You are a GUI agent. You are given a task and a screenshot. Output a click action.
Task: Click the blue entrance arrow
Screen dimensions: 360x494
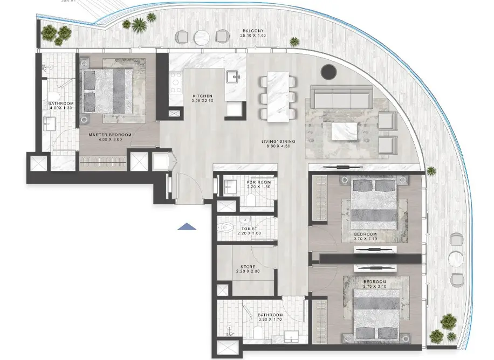(x=187, y=227)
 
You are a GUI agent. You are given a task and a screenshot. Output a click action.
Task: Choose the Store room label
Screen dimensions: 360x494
(x=248, y=266)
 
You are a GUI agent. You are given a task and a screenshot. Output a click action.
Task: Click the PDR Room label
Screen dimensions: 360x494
(x=258, y=182)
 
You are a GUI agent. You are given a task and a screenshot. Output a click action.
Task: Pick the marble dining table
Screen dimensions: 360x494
(x=280, y=95)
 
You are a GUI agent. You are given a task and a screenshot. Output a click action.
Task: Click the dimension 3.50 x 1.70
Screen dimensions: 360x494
(x=270, y=320)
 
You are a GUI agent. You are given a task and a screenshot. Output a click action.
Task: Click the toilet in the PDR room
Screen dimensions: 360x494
(x=251, y=200)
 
